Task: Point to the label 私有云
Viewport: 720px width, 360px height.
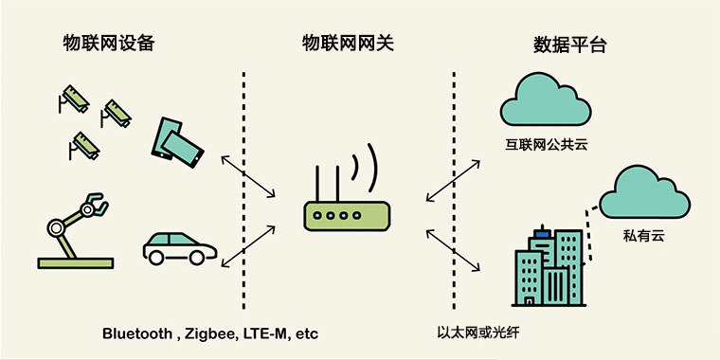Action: coord(650,232)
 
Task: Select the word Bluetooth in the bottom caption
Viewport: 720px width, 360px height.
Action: coord(137,333)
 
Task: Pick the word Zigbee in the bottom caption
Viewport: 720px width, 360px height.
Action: coord(211,333)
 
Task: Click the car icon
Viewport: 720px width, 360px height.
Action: coord(179,248)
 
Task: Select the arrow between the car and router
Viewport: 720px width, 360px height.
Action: coord(247,249)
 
